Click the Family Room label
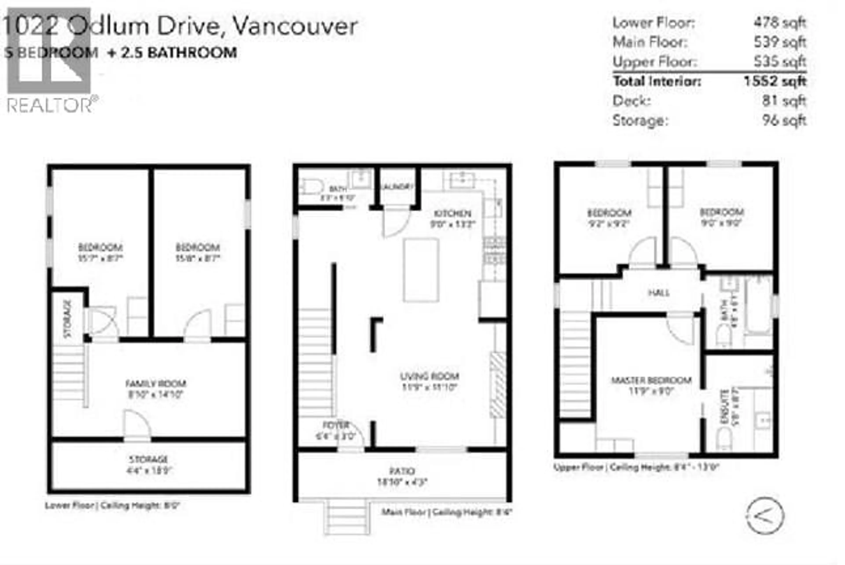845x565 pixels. [x=156, y=383]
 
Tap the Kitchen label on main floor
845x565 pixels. [x=452, y=213]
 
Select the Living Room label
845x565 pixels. [x=430, y=376]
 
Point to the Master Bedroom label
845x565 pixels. [x=652, y=380]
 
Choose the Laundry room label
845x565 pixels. [x=396, y=187]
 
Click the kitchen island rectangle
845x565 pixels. [x=421, y=270]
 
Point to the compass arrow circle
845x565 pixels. [x=765, y=516]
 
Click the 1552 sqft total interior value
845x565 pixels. [x=775, y=81]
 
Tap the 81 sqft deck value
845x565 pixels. [x=784, y=101]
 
